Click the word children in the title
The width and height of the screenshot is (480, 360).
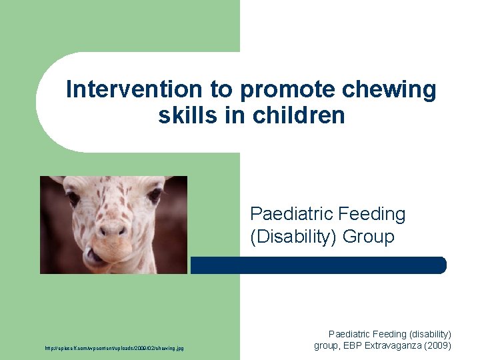(299, 115)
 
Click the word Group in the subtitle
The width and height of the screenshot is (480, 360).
(369, 237)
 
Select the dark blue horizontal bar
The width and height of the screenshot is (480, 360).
(318, 265)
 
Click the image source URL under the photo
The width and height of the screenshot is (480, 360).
(115, 348)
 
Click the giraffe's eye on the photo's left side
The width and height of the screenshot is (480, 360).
(73, 198)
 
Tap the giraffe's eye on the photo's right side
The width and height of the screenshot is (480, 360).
(154, 195)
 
